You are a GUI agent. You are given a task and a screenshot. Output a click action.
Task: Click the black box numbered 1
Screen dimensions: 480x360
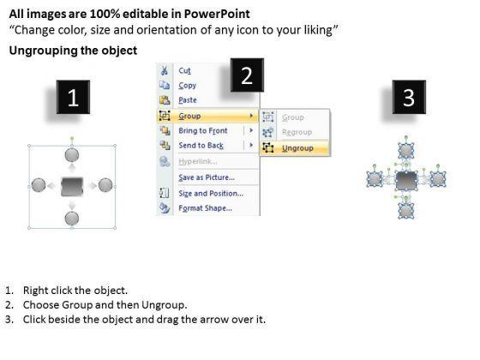73,97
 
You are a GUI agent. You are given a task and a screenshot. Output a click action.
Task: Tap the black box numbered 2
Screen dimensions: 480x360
247,75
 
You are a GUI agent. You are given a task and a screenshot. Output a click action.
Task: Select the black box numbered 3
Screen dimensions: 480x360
409,97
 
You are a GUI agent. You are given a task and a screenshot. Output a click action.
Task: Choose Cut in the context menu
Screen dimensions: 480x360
184,70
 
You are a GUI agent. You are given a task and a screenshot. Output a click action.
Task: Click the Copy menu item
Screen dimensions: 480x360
188,86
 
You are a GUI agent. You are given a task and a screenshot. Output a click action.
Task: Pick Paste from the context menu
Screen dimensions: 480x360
188,100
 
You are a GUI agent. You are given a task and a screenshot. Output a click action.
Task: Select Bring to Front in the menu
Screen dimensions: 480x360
203,130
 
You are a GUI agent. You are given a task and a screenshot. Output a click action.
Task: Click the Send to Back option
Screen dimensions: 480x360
201,146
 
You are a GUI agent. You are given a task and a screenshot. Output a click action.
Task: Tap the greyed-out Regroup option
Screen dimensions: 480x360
297,132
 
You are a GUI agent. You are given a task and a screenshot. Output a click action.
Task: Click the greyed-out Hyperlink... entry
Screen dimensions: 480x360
198,161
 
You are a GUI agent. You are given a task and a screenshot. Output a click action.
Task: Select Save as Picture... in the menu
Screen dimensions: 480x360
207,177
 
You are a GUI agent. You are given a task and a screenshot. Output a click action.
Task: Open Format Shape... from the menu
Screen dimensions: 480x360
205,208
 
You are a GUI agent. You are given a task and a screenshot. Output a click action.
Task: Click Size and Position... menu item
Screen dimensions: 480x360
211,194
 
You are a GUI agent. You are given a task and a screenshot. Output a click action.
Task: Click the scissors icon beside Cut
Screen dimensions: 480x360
165,70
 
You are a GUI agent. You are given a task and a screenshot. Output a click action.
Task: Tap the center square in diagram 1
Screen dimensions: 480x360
72,187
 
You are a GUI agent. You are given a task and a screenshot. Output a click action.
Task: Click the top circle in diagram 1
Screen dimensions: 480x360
72,155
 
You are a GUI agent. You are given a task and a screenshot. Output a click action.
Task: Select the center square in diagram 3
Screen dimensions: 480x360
406,181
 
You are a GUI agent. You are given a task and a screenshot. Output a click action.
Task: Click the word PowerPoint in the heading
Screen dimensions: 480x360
217,14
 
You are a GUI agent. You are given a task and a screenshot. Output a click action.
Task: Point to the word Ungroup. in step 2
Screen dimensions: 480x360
165,305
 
